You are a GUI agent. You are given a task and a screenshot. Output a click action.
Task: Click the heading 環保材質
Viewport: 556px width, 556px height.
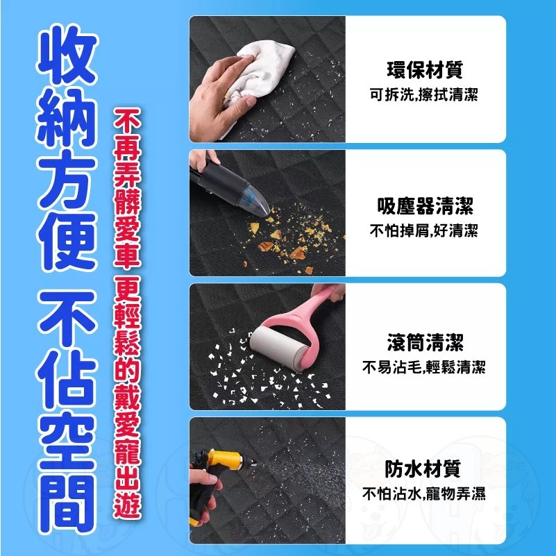[x=424, y=70]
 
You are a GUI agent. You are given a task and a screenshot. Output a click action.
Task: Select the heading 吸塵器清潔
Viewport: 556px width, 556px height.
[x=424, y=205]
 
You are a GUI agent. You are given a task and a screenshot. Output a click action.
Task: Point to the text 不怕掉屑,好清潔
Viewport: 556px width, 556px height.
[x=424, y=230]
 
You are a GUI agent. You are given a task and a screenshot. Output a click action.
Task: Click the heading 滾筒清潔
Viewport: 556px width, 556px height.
[x=424, y=342]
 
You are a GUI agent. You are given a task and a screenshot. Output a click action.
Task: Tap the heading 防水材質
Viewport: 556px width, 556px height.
[x=424, y=469]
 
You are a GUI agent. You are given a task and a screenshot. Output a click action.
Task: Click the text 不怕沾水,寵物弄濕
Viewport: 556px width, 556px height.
[x=424, y=495]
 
